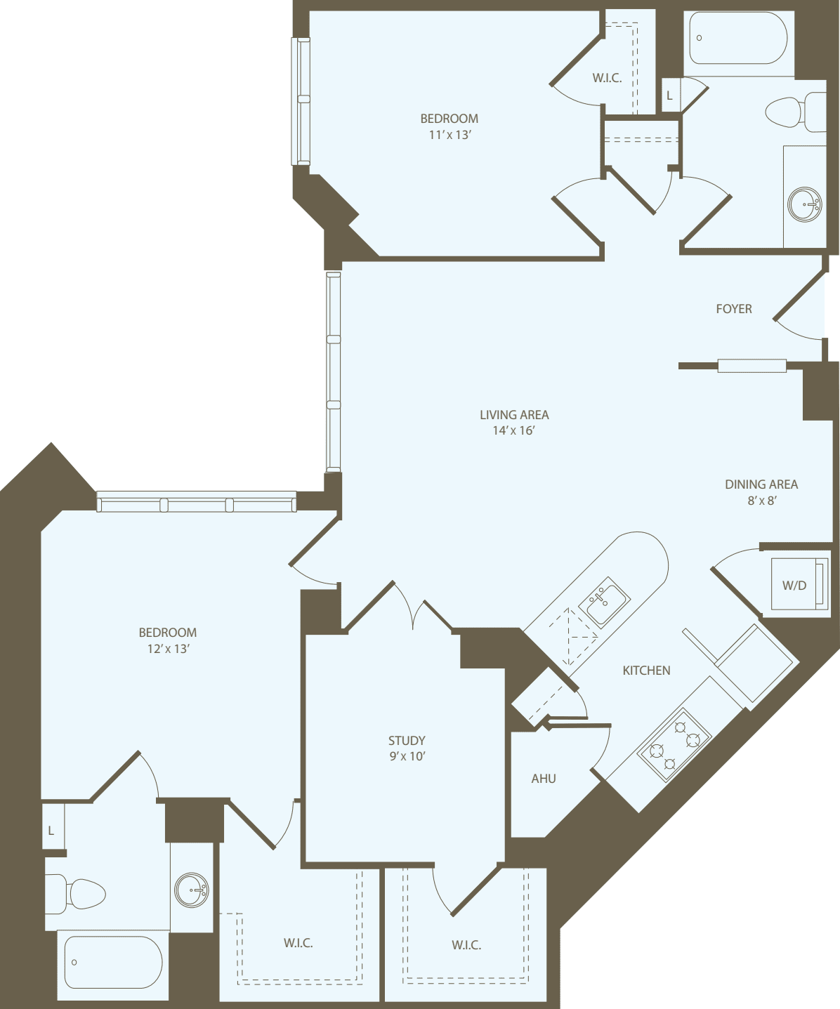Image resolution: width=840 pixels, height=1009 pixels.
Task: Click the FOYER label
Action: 733,309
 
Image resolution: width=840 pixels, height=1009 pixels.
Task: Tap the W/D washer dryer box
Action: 798,584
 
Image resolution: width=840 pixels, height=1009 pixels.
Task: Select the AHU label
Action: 543,778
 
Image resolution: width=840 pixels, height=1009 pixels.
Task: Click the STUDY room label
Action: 407,740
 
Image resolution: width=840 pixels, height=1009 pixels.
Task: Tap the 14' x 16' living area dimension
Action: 513,431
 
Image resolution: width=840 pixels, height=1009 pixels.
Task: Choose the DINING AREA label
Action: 761,484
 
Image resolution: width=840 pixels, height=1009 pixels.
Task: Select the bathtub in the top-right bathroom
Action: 737,39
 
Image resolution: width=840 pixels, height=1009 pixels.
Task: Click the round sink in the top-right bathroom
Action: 804,204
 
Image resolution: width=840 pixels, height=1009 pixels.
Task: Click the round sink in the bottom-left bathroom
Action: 191,890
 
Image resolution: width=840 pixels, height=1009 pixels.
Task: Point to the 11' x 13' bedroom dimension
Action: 449,135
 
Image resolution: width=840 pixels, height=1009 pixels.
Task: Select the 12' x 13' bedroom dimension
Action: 168,649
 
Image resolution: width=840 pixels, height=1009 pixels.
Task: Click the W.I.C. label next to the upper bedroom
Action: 607,78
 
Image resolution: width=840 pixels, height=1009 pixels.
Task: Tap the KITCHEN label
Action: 646,671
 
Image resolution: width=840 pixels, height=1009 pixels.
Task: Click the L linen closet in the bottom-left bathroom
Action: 52,830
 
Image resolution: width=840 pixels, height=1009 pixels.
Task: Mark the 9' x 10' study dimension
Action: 407,756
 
